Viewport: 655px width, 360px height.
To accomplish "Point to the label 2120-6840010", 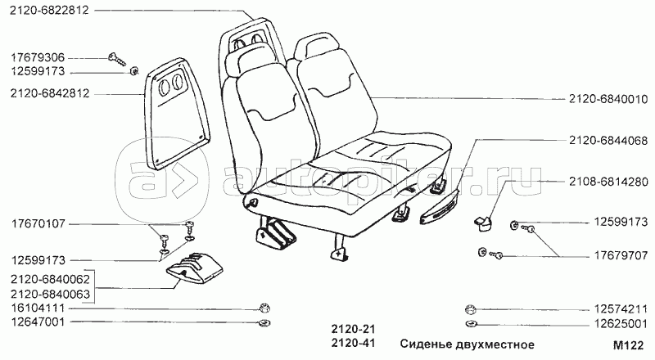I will [x=608, y=99].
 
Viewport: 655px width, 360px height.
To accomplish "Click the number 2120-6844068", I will [x=608, y=141].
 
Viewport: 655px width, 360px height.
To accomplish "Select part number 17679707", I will [x=620, y=255].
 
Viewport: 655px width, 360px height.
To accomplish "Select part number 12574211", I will [x=620, y=308].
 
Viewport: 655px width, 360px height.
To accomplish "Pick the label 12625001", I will [x=620, y=322].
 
